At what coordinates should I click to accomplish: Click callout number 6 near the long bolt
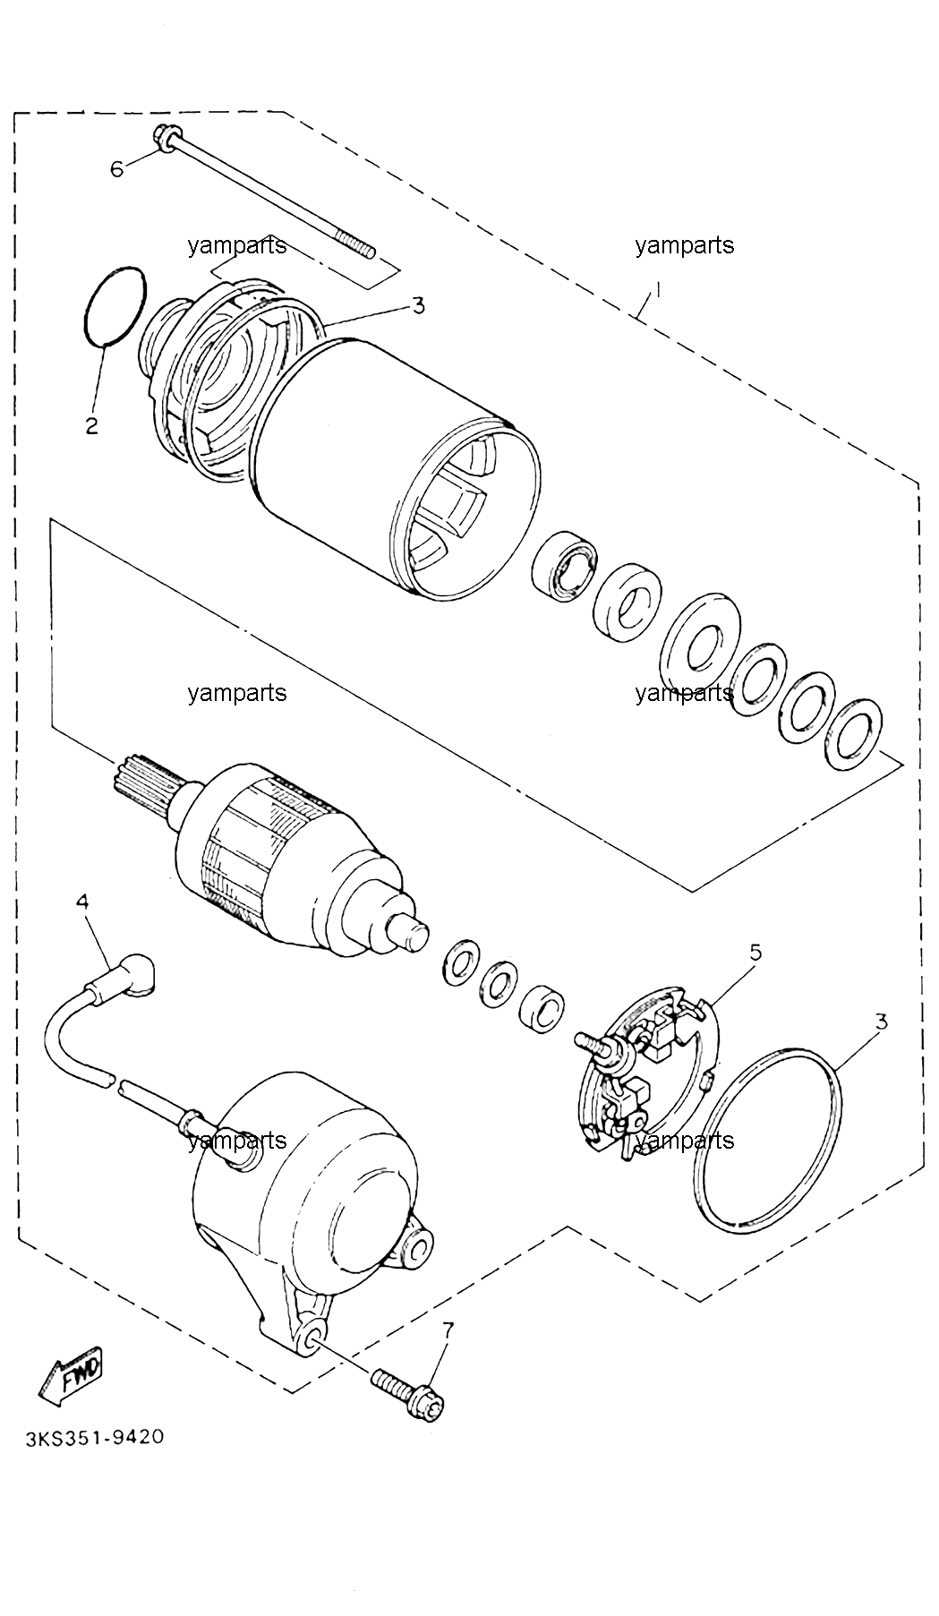tap(117, 168)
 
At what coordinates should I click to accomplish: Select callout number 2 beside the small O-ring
tap(91, 426)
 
